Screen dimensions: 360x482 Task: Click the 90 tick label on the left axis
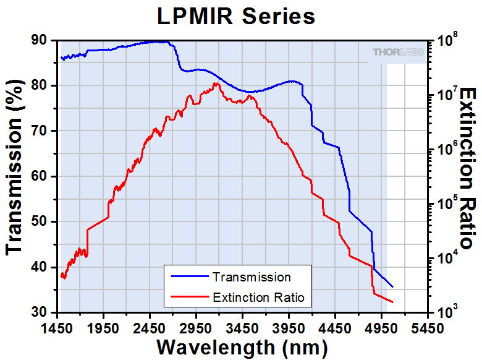pos(38,40)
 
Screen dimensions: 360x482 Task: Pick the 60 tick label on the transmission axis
pos(38,176)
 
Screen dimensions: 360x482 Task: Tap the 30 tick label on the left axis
pos(38,312)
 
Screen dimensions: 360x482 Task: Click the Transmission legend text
pos(251,277)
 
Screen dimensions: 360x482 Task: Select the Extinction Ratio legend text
pos(258,298)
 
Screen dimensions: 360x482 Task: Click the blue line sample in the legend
pos(188,277)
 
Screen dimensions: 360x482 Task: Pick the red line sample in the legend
pos(188,298)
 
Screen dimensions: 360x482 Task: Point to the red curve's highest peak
pos(216,83)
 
